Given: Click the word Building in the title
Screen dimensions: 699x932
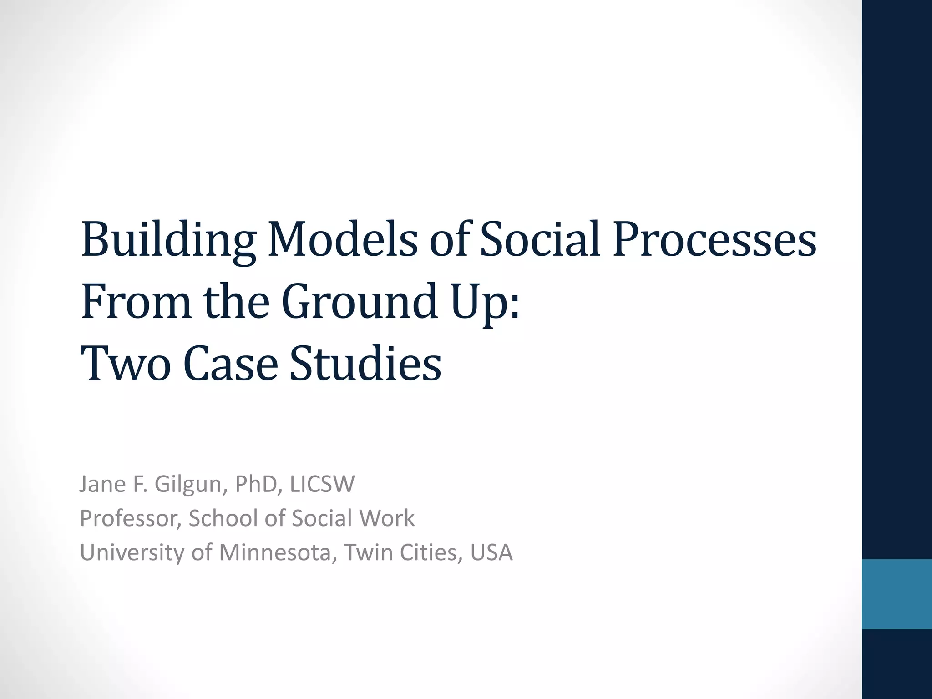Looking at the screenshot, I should (168, 240).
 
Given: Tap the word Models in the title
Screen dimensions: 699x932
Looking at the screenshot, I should (342, 239).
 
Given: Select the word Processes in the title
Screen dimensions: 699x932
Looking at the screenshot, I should (714, 239).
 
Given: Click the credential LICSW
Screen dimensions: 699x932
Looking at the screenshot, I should (322, 484).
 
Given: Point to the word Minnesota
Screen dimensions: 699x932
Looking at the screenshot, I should (278, 552).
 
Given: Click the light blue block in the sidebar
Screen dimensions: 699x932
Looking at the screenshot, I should (897, 594).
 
